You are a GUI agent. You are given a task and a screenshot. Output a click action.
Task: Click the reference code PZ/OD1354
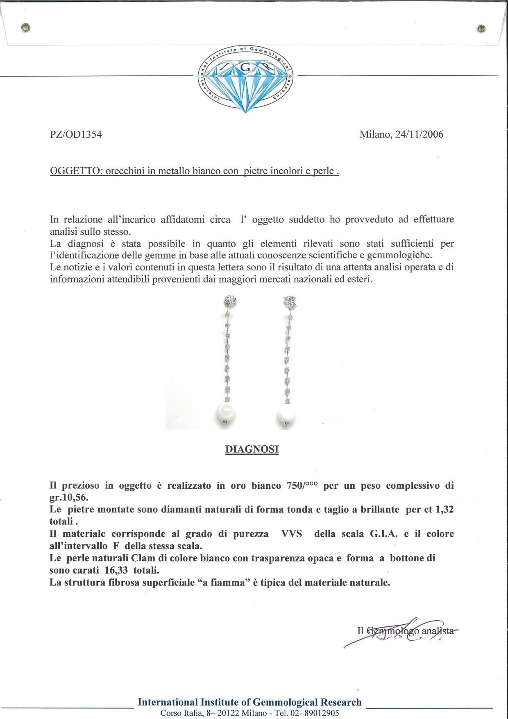75,134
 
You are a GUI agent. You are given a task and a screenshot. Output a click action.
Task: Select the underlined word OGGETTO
76,171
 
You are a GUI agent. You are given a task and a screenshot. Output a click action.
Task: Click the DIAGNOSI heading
252,449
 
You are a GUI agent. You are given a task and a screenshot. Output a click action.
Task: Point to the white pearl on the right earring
286,416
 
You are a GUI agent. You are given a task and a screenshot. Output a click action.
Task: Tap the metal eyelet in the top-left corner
26,28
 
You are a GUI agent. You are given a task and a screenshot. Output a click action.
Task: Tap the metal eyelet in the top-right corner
481,28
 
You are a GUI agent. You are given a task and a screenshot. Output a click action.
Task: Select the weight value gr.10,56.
69,498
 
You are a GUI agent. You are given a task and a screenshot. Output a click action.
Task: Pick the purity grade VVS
291,534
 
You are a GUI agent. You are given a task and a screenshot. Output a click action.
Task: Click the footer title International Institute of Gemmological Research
249,702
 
